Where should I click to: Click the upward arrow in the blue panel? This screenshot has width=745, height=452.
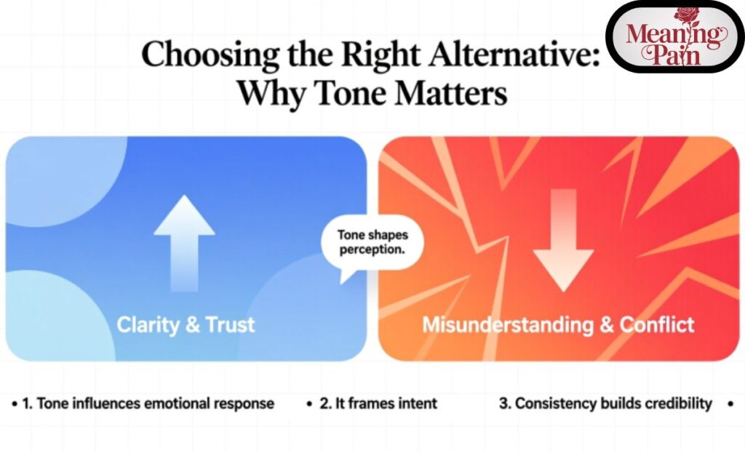pos(184,240)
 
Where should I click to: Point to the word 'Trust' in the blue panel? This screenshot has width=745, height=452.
pos(231,325)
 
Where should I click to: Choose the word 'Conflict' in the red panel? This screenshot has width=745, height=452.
pos(657,325)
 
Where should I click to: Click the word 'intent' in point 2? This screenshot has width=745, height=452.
pos(417,403)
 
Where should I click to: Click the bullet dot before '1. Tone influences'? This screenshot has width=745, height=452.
pos(15,403)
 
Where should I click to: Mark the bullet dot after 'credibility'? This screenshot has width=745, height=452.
pos(729,403)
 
